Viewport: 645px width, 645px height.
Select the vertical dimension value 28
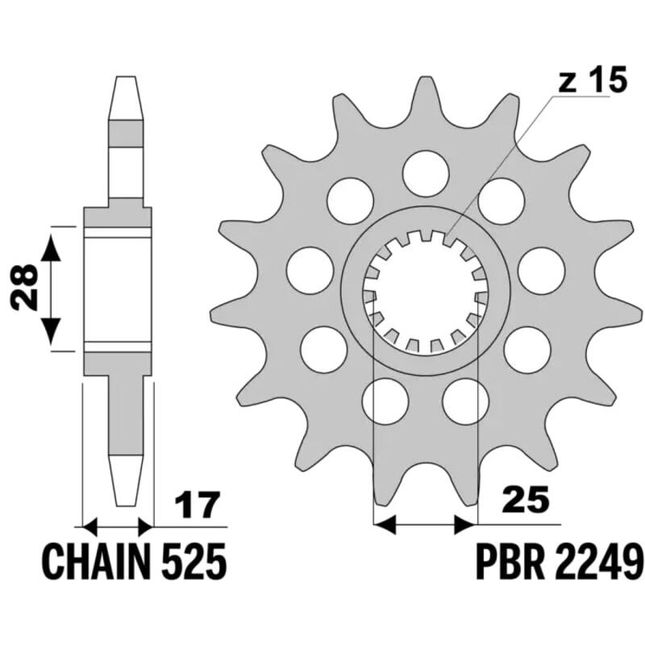[x=27, y=289]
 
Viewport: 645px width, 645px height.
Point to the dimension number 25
[x=526, y=498]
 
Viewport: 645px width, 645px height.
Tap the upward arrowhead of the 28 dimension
[x=51, y=247]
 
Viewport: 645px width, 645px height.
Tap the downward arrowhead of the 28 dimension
[x=51, y=330]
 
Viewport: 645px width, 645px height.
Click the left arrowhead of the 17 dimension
[x=91, y=526]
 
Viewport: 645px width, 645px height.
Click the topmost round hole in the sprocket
[x=426, y=171]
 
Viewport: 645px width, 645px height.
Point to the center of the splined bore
[x=426, y=292]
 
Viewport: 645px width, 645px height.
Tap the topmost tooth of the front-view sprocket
[x=426, y=89]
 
